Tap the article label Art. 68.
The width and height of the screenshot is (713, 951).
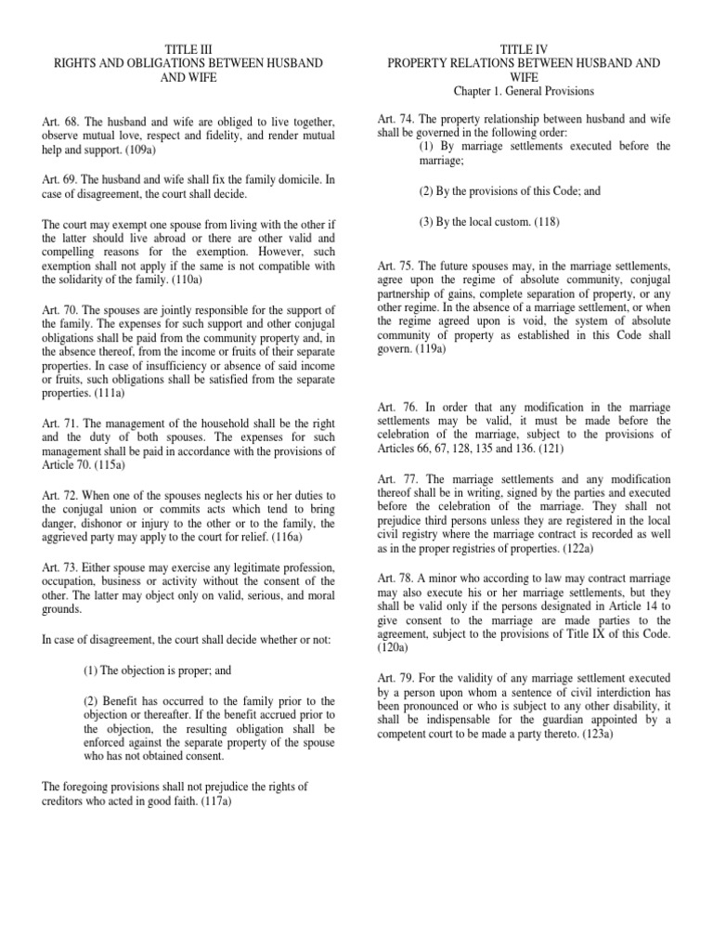(x=60, y=122)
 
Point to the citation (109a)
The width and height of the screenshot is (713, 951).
(x=139, y=150)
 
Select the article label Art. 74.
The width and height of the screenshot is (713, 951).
(x=395, y=119)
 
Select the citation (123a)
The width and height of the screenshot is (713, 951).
(x=588, y=735)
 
